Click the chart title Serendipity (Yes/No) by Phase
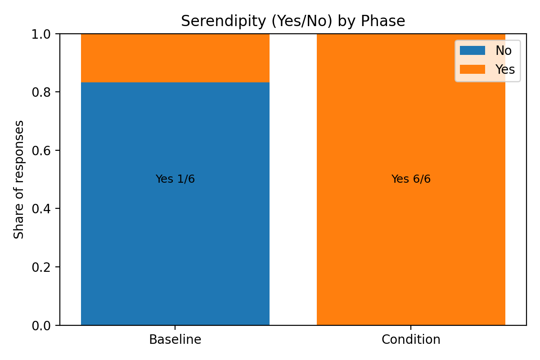(x=293, y=21)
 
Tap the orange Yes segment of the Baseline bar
(x=175, y=58)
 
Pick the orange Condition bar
(x=411, y=247)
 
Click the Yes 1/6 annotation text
(x=175, y=179)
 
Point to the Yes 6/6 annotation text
(x=411, y=179)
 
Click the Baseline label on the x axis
(x=175, y=339)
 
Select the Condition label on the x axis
(x=411, y=339)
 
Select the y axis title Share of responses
(x=19, y=180)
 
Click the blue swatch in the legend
(x=472, y=51)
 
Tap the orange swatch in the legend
(x=472, y=69)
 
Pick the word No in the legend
(x=504, y=51)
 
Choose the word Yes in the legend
(x=505, y=69)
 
